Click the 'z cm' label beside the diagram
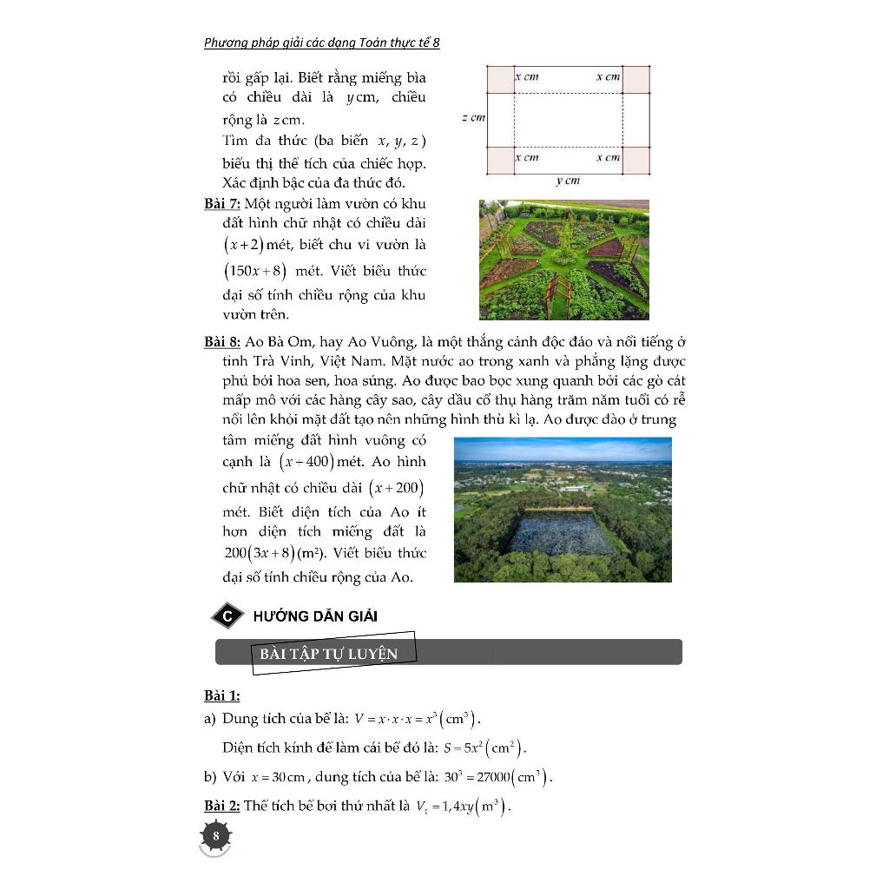(x=473, y=117)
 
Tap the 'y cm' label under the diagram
(x=567, y=181)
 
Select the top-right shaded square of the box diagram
(x=636, y=79)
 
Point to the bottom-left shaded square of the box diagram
(x=500, y=160)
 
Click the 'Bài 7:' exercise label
(x=222, y=204)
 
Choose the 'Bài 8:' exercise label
(x=222, y=342)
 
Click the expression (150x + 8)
(x=255, y=271)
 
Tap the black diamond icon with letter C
(x=227, y=616)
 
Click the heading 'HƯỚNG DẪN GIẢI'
(x=315, y=616)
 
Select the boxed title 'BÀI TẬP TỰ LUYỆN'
(x=328, y=654)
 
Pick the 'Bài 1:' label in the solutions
(x=222, y=696)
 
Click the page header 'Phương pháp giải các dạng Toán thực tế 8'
(x=321, y=43)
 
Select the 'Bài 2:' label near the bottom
(x=222, y=807)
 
